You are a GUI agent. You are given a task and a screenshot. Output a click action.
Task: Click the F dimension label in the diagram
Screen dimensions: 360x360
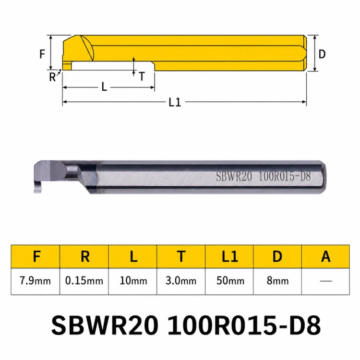pyautogui.click(x=42, y=54)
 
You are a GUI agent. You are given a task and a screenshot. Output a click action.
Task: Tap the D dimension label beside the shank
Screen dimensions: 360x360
pyautogui.click(x=322, y=54)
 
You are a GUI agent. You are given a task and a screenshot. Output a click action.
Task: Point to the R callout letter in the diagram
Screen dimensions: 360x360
pyautogui.click(x=52, y=77)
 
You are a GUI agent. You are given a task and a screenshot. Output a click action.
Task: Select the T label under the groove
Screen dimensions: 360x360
pyautogui.click(x=142, y=76)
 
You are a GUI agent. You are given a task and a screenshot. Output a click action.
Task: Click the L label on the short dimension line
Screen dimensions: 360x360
pyautogui.click(x=104, y=87)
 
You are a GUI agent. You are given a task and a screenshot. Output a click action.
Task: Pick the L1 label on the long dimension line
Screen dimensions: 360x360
pyautogui.click(x=175, y=102)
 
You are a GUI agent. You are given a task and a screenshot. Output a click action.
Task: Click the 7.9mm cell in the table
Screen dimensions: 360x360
pyautogui.click(x=35, y=281)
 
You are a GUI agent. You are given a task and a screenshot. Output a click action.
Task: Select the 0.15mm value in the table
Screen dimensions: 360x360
pyautogui.click(x=84, y=281)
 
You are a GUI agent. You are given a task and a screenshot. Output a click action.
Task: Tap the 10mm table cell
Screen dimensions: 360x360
pyautogui.click(x=133, y=281)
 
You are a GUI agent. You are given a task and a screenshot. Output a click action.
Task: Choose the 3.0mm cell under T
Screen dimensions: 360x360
pyautogui.click(x=181, y=281)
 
